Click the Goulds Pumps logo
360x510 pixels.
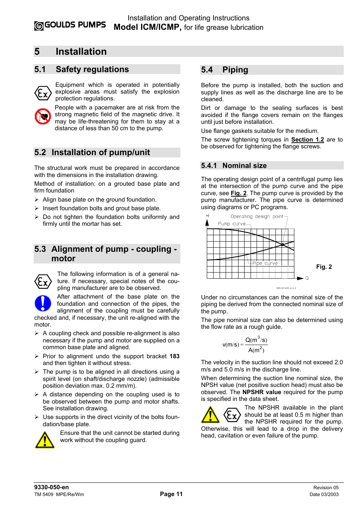coord(70,25)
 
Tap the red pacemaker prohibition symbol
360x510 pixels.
coord(43,116)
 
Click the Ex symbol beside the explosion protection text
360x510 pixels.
coord(43,93)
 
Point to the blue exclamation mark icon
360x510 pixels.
coord(43,303)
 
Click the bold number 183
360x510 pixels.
coord(174,356)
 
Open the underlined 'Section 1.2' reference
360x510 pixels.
coord(307,140)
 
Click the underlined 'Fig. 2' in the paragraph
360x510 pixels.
coord(238,193)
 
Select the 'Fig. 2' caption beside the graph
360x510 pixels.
coord(324,267)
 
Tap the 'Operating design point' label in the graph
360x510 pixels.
coord(257,217)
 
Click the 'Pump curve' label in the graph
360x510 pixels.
coord(232,224)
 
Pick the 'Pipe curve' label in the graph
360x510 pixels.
coord(265,263)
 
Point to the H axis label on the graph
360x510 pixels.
coord(208,216)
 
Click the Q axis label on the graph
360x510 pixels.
coord(307,278)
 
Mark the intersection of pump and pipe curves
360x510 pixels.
coord(283,245)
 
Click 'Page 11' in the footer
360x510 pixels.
coord(171,494)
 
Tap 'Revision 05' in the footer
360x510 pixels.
coord(326,488)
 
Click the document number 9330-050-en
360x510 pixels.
coord(51,487)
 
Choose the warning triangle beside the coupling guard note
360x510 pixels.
coord(45,439)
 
